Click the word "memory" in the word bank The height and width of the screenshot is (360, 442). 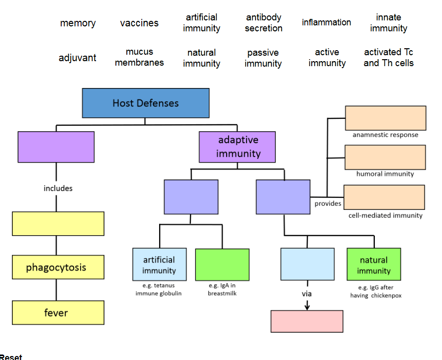[x=78, y=23]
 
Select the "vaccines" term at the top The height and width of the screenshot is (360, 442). [x=139, y=23]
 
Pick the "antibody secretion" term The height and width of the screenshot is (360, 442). [x=264, y=23]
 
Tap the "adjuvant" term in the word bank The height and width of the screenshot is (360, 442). [x=78, y=58]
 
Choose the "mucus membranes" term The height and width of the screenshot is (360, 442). [x=139, y=57]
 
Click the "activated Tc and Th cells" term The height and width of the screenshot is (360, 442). [x=388, y=58]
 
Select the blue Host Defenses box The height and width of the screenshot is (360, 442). [x=146, y=103]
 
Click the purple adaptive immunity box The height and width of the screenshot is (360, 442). [x=237, y=147]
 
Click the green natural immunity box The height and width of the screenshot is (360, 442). [x=373, y=265]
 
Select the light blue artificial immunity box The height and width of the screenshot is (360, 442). [x=159, y=265]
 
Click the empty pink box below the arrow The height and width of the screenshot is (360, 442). [x=307, y=321]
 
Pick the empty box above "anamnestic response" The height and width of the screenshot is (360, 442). [x=385, y=118]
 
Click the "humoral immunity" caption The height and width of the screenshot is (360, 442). [x=385, y=174]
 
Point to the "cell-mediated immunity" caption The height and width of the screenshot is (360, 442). [x=385, y=215]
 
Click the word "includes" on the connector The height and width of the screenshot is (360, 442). [x=58, y=188]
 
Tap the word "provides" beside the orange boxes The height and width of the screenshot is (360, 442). [x=328, y=203]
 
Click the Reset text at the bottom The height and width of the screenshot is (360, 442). [x=11, y=357]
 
